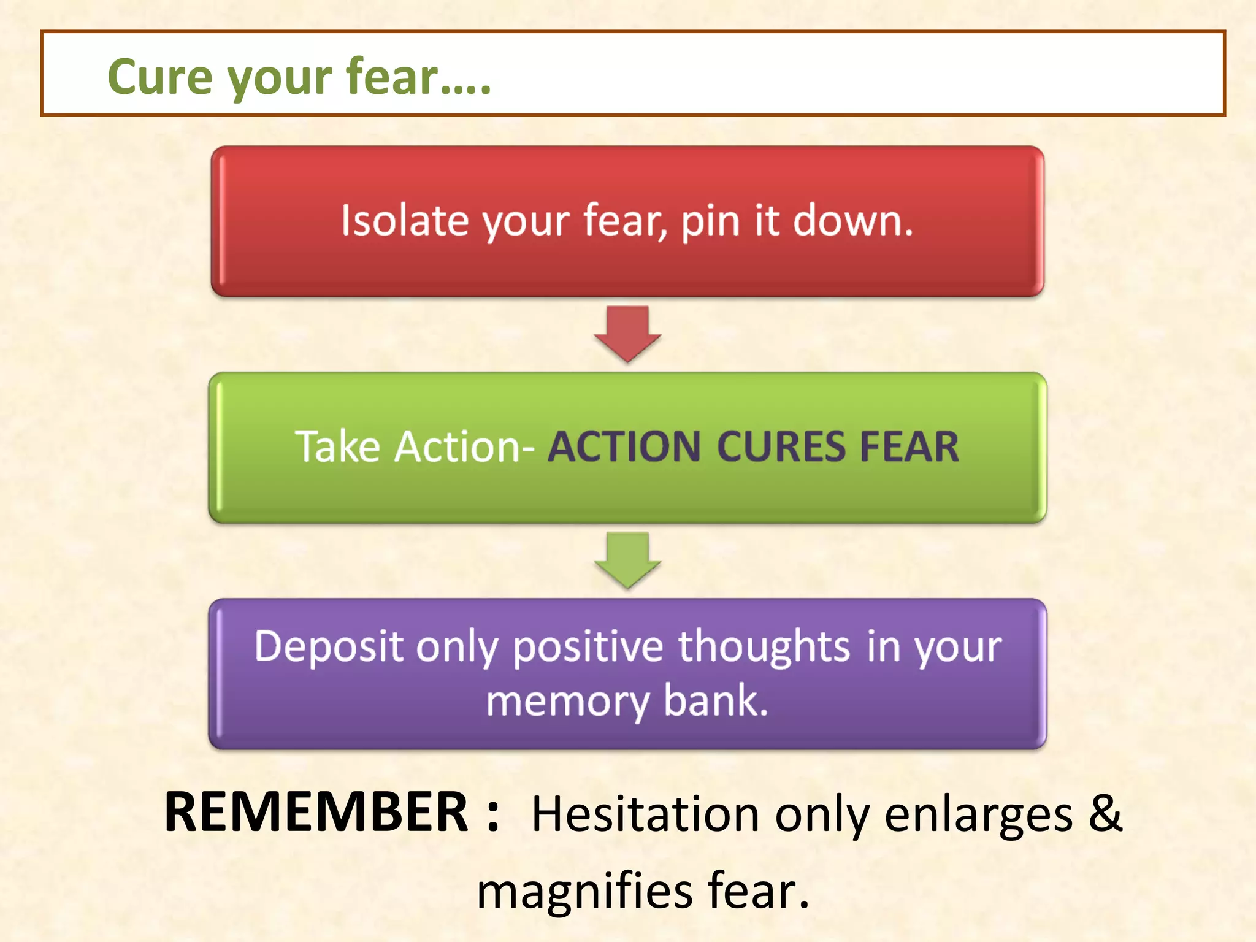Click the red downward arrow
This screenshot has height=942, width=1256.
pos(627,332)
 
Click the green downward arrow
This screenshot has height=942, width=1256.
pos(627,559)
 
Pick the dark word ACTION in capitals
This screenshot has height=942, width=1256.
pos(624,446)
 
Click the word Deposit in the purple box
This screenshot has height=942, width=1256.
pos(329,646)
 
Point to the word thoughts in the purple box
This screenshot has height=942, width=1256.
pos(764,646)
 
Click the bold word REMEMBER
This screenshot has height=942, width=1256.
pos(316,813)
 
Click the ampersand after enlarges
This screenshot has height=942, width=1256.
pos(1105,813)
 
